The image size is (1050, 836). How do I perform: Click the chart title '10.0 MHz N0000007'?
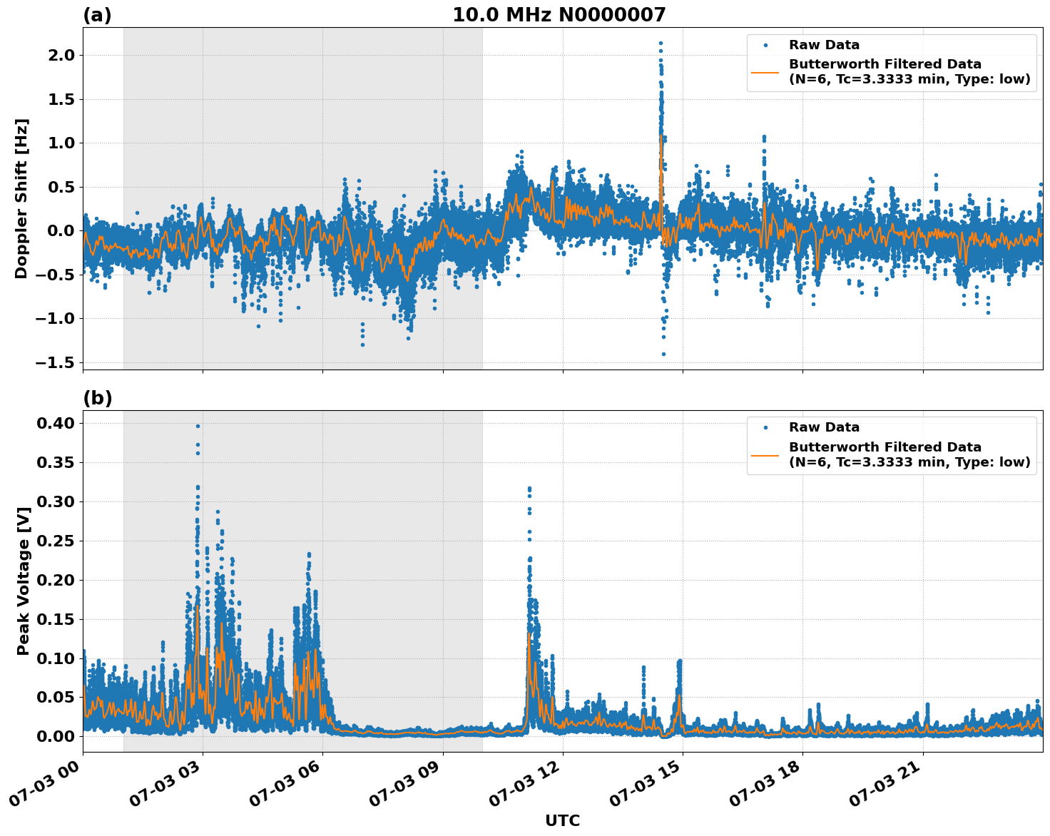point(559,15)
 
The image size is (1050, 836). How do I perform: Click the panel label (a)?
point(97,15)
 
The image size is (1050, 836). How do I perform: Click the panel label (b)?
point(97,398)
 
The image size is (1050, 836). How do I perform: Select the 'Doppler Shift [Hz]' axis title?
point(21,198)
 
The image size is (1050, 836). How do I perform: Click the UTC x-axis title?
point(562,820)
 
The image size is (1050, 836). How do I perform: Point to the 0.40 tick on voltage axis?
point(56,424)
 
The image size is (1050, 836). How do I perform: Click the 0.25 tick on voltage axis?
point(56,541)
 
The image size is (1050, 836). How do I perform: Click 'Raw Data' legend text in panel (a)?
point(824,45)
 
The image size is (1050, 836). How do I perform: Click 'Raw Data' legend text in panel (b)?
point(824,427)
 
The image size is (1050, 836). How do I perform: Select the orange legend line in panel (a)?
point(765,72)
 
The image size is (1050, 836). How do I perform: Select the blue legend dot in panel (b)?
point(765,427)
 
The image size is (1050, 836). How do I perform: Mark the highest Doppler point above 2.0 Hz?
point(661,44)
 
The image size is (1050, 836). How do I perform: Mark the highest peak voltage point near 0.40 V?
point(198,427)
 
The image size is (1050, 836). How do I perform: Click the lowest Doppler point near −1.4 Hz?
point(663,354)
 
